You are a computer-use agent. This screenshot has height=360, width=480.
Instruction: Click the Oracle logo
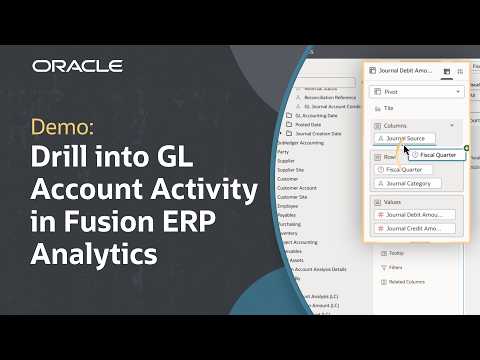tap(77, 66)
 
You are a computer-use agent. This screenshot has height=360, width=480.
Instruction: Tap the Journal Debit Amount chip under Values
tap(416, 215)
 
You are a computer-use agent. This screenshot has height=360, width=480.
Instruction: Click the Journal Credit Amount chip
tap(416, 229)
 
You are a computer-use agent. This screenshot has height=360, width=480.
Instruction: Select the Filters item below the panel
tap(392, 267)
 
